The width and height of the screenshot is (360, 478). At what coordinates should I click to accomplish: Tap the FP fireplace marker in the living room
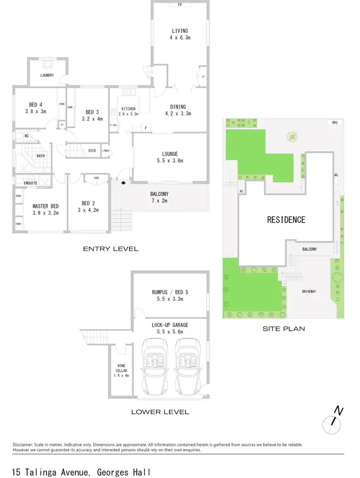(180, 5)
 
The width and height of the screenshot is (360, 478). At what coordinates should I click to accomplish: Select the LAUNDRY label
(47, 75)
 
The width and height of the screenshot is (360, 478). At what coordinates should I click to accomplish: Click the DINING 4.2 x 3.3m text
(178, 110)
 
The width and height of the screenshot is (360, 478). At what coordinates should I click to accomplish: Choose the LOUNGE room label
(171, 157)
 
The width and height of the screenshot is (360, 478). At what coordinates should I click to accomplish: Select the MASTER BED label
(45, 209)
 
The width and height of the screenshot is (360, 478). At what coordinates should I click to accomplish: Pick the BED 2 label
(90, 206)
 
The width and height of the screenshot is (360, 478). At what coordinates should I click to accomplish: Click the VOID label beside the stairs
(92, 151)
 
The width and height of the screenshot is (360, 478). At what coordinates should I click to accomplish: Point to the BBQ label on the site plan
(335, 123)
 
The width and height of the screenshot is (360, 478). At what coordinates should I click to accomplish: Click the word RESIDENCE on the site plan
(286, 220)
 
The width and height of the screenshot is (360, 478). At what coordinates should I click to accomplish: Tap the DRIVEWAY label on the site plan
(308, 291)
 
